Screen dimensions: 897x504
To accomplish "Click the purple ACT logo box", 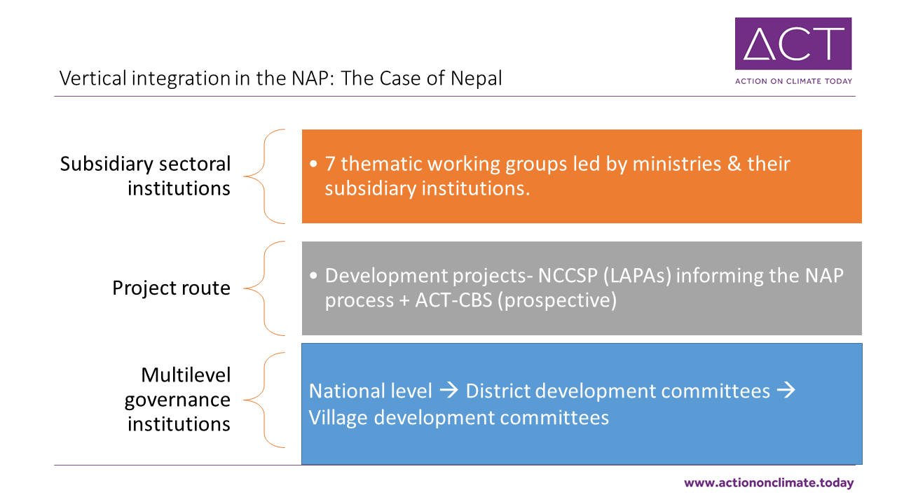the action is click(x=793, y=43).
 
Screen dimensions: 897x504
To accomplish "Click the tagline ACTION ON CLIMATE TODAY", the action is click(x=793, y=81).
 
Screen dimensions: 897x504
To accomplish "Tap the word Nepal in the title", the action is click(x=476, y=78).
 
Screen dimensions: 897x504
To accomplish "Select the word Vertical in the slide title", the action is click(x=93, y=78).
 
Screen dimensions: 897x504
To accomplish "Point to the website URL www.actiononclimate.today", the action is click(x=769, y=483).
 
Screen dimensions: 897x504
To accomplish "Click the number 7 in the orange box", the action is click(x=329, y=164).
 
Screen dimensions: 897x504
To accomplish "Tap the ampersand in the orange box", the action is click(x=734, y=164).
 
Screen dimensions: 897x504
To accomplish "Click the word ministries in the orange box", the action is click(x=677, y=164).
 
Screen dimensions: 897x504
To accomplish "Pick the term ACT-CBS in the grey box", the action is click(x=453, y=300).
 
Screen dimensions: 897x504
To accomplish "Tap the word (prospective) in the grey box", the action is click(x=557, y=301).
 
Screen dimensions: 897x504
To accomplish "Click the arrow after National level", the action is click(x=448, y=390).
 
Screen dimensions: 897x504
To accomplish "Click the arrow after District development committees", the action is click(x=786, y=390).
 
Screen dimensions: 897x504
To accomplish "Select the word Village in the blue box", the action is click(x=338, y=418).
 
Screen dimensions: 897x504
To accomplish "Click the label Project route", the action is click(x=172, y=288).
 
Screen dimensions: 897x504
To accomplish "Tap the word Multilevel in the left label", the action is click(x=186, y=375).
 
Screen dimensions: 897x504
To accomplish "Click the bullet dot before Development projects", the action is click(x=313, y=276).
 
